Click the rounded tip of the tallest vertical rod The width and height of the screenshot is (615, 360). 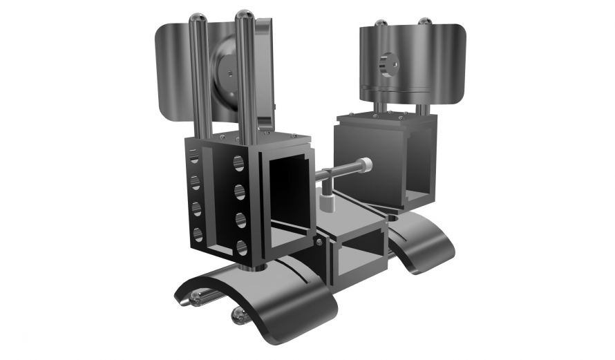[x=243, y=14]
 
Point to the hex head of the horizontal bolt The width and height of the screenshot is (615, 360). [x=366, y=165]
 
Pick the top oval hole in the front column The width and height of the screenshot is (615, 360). [x=238, y=163]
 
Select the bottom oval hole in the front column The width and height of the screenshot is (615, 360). [x=241, y=247]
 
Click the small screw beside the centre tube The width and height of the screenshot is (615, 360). [x=319, y=241]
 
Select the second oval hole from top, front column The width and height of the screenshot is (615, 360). [x=240, y=191]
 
